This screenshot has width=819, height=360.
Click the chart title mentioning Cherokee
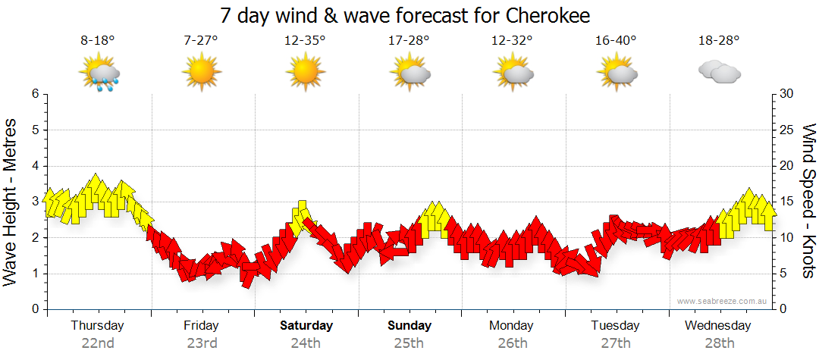pyautogui.click(x=405, y=16)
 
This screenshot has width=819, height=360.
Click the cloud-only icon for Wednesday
pyautogui.click(x=719, y=72)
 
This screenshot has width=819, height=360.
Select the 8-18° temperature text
pyautogui.click(x=98, y=40)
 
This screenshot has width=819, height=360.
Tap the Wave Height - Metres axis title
pyautogui.click(x=11, y=200)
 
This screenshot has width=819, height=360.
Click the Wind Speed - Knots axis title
pyautogui.click(x=808, y=200)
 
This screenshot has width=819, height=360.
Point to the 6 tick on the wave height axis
pyautogui.click(x=35, y=94)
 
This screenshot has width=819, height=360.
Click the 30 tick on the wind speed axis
pyautogui.click(x=788, y=94)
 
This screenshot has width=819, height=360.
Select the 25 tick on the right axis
pyautogui.click(x=788, y=130)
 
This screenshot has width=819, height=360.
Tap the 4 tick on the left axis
pyautogui.click(x=35, y=166)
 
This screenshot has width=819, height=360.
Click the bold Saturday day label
pyautogui.click(x=306, y=326)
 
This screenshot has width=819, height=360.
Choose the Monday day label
pyautogui.click(x=511, y=326)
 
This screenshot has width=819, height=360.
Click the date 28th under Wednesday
pyautogui.click(x=718, y=343)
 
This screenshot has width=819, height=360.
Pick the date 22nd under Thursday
pyautogui.click(x=97, y=343)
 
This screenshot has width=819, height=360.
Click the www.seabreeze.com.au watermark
pyautogui.click(x=723, y=301)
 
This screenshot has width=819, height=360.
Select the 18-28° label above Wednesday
pyautogui.click(x=718, y=40)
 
